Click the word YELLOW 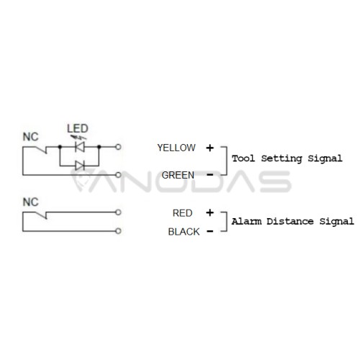(x=176, y=148)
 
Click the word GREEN (x=178, y=175)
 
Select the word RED (x=182, y=213)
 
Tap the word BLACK (x=184, y=232)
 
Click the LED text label (x=78, y=128)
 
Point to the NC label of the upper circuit (x=30, y=137)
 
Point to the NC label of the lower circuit (x=30, y=202)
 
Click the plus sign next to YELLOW (x=210, y=148)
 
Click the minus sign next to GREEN (x=210, y=175)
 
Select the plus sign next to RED (x=210, y=212)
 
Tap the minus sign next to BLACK (x=210, y=231)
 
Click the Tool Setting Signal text (x=287, y=158)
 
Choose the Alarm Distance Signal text (x=292, y=222)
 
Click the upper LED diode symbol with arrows (x=80, y=145)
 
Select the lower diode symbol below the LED (x=80, y=166)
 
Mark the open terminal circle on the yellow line (x=118, y=147)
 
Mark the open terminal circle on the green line (x=118, y=175)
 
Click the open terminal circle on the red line (x=118, y=212)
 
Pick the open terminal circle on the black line (x=118, y=231)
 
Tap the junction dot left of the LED (x=60, y=147)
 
